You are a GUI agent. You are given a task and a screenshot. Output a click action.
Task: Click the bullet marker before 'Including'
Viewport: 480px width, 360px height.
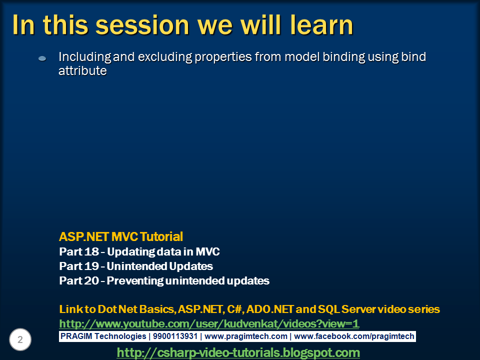click(x=42, y=58)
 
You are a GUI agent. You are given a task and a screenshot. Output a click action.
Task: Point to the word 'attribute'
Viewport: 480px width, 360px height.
click(x=82, y=71)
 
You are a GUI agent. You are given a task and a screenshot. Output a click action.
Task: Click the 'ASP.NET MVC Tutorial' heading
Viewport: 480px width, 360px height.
click(x=121, y=236)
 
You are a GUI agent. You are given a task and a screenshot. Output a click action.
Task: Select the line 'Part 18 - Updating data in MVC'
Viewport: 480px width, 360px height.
click(x=139, y=251)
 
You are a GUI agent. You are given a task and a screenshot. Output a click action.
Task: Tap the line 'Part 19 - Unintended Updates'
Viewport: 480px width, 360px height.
click(x=135, y=266)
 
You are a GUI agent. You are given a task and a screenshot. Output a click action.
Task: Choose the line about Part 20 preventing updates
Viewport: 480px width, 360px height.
click(x=164, y=280)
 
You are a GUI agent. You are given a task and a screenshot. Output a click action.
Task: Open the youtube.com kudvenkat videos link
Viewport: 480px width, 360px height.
click(x=209, y=323)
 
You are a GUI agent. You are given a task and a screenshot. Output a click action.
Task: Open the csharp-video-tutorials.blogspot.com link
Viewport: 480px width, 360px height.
click(x=238, y=352)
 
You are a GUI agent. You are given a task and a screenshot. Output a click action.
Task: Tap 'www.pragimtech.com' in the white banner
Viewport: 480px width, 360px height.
click(x=246, y=336)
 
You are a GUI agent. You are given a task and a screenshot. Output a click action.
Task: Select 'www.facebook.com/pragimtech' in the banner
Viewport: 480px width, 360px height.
click(x=354, y=336)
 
